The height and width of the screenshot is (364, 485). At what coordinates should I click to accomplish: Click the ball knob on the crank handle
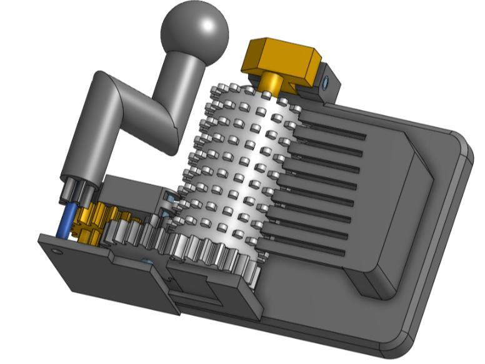tap(194, 27)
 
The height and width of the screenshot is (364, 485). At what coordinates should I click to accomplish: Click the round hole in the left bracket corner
tap(57, 251)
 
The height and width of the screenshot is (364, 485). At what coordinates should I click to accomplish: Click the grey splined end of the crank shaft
tap(78, 188)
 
